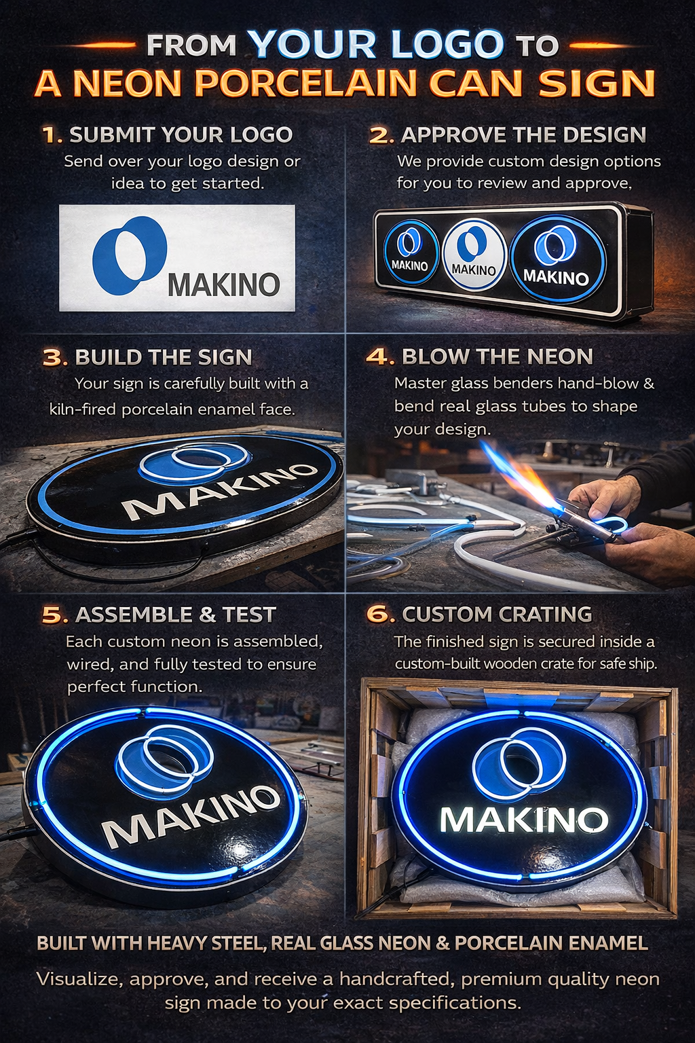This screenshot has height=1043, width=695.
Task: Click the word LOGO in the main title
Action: [447, 45]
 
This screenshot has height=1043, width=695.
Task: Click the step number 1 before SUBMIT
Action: [50, 134]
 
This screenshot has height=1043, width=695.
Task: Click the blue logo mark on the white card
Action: [129, 255]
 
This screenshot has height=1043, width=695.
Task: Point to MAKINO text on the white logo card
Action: [224, 284]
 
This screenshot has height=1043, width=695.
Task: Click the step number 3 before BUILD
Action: [53, 357]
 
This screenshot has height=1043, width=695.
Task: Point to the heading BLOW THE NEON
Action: [497, 356]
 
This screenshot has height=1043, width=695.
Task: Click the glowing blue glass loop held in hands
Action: [613, 524]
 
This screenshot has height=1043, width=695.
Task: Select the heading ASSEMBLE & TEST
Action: [175, 615]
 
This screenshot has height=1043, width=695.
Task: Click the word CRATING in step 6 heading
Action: [544, 614]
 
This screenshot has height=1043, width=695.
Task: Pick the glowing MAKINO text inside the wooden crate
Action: [523, 820]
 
